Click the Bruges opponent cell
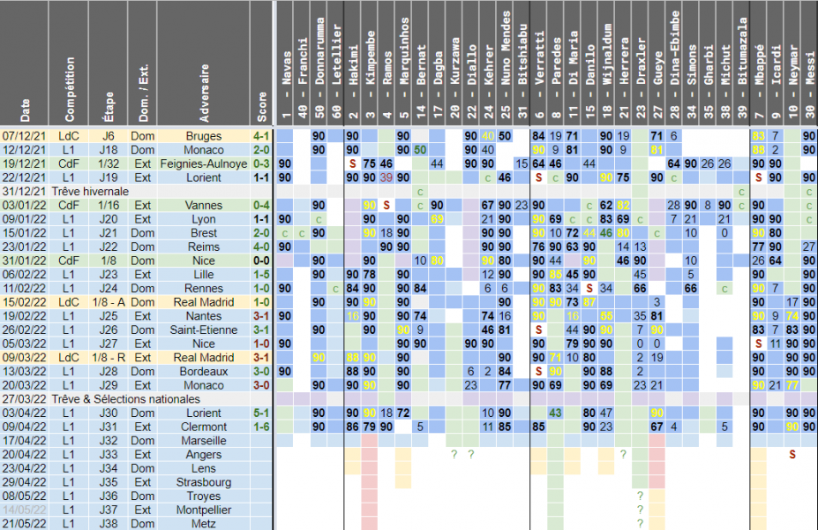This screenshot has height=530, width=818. tap(204, 136)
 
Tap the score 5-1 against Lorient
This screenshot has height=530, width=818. tap(261, 413)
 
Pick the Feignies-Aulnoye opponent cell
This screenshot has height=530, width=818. tap(204, 163)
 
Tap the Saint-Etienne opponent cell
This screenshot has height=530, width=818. tap(204, 329)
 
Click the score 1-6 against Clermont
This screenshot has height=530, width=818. tap(261, 427)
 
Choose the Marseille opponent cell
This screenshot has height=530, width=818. tap(204, 441)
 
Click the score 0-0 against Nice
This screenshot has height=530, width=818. tap(261, 261)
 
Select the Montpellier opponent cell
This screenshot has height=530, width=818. tap(204, 510)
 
